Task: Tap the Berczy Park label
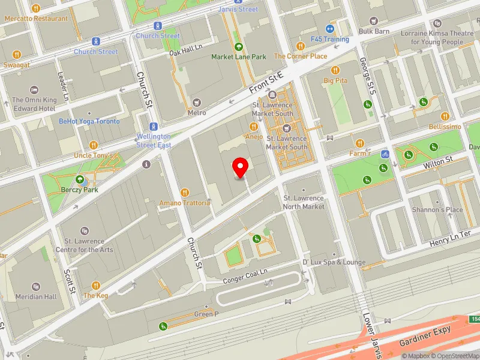(79, 190)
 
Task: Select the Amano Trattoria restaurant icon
(184, 193)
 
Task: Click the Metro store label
(197, 112)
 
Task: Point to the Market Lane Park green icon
(238, 47)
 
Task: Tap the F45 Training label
(329, 39)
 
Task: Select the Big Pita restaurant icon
(335, 70)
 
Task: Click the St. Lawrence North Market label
(304, 202)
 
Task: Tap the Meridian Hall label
(37, 296)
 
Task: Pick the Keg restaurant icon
(95, 285)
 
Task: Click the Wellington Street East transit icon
(154, 127)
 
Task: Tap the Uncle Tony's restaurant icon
(93, 145)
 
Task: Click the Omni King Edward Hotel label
(34, 104)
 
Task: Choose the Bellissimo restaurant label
(445, 127)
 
